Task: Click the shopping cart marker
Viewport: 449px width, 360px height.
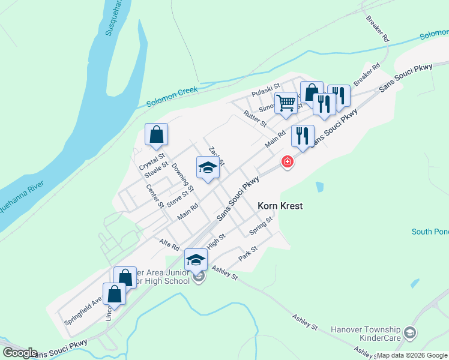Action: coord(286,103)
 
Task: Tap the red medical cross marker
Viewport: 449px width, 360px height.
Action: coord(288,162)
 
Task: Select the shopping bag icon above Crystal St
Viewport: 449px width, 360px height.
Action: coord(156,135)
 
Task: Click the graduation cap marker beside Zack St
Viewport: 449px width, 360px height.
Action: coord(208,168)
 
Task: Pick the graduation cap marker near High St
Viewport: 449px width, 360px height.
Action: coord(196,260)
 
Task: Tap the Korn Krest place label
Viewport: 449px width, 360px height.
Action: coord(280,206)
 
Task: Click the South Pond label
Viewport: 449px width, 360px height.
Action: coord(430,232)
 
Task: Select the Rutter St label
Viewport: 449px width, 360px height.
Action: coord(255,118)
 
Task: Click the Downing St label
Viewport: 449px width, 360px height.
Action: coord(182,178)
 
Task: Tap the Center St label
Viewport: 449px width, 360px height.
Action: coord(155,196)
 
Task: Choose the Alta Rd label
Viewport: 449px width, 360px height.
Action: coord(169,244)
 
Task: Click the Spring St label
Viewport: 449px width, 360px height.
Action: coord(261,226)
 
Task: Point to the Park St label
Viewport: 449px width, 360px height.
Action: coord(247,253)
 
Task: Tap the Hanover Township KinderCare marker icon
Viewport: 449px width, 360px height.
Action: coord(409,332)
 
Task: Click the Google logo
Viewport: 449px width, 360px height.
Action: coord(19,353)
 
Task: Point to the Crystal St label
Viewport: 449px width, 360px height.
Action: coord(152,162)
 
